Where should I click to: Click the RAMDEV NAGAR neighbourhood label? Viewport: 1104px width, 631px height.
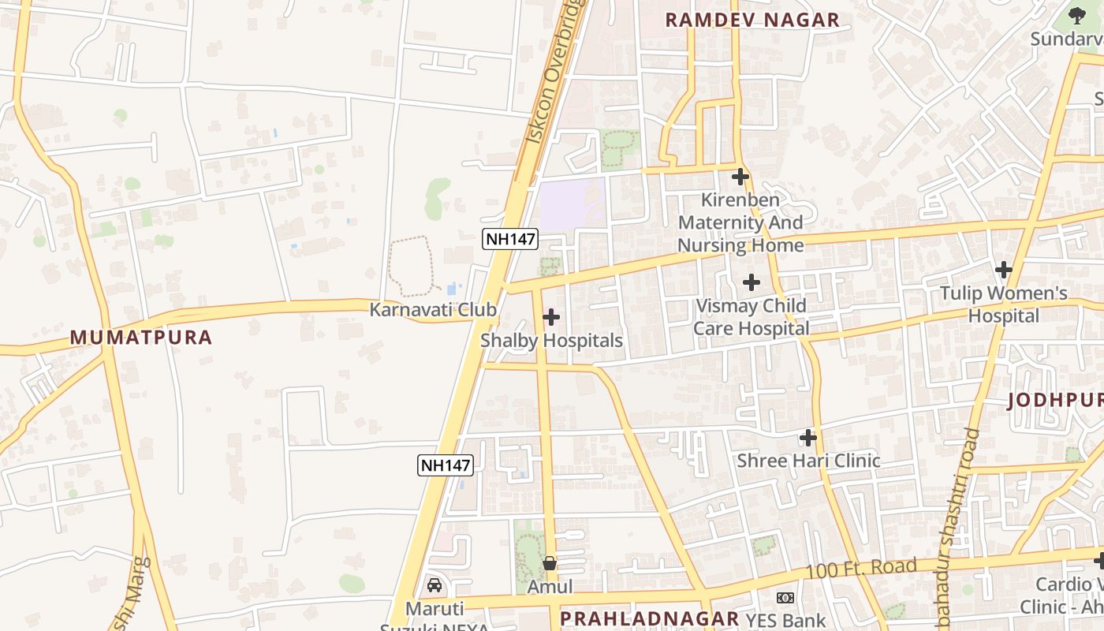[x=752, y=21]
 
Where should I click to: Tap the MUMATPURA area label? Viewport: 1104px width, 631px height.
[x=141, y=338]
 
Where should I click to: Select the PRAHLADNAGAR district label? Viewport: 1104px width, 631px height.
[x=649, y=618]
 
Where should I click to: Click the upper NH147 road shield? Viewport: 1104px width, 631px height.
[x=510, y=239]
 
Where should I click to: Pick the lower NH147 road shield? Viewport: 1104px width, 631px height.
[x=446, y=465]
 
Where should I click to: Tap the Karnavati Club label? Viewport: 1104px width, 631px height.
[x=433, y=309]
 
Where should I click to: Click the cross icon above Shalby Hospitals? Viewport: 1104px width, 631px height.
[x=551, y=317]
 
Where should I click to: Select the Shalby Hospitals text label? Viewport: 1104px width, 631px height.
[x=551, y=341]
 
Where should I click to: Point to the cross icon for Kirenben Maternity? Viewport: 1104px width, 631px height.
[x=740, y=176]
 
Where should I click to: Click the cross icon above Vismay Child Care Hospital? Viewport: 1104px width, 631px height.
[x=752, y=282]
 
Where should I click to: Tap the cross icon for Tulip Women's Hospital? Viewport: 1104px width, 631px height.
[x=1003, y=270]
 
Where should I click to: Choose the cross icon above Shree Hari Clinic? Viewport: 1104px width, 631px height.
[x=807, y=437]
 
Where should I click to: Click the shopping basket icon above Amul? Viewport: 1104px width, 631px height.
[x=550, y=563]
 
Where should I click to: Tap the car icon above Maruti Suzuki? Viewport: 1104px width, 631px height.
[x=434, y=585]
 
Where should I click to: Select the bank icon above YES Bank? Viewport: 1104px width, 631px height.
[x=784, y=598]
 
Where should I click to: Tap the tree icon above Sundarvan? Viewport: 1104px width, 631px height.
[x=1077, y=14]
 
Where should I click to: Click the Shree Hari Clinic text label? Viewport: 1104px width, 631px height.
[x=808, y=461]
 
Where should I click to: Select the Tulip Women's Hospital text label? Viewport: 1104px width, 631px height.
[x=1003, y=304]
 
